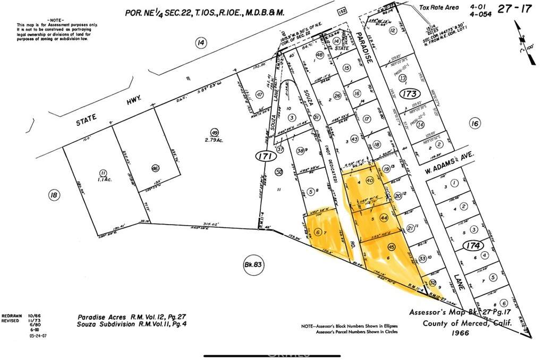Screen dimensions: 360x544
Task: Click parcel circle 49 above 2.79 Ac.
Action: coord(215,132)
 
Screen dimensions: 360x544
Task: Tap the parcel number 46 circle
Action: coord(155,168)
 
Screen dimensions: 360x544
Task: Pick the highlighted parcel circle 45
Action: coord(392,246)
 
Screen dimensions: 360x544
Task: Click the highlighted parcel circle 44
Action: coord(384,218)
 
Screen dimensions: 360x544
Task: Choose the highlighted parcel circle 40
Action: coord(370,181)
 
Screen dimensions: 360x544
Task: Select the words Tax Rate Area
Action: coord(438,7)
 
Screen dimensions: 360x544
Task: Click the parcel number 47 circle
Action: coord(260,95)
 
